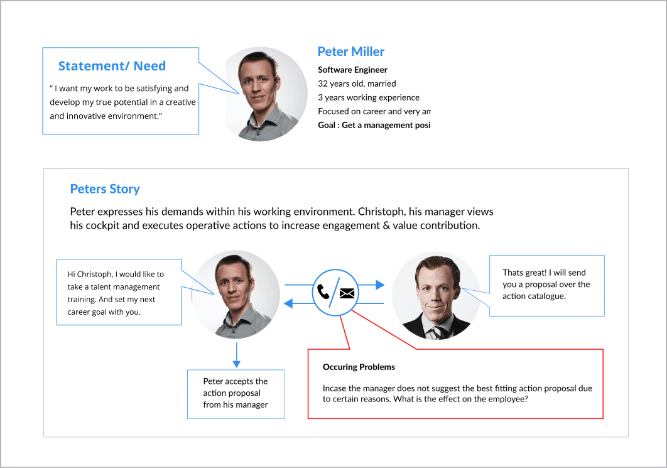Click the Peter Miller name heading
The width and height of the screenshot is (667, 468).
pos(350,52)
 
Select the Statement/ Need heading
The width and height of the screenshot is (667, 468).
pos(112,66)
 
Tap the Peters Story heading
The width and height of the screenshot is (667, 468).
pos(105,189)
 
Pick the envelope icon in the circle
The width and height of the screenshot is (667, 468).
pos(347,293)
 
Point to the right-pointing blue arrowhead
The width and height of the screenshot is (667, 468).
pos(379,285)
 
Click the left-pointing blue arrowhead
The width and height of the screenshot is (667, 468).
pos(289,303)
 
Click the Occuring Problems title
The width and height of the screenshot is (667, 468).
pos(359,367)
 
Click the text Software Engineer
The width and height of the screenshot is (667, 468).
pos(352,70)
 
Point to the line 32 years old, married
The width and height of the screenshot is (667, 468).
pos(357,84)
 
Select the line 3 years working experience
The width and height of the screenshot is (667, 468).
pos(369,97)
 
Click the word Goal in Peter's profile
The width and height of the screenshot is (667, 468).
pos(327,125)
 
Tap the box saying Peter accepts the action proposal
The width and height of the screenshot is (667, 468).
pos(236,393)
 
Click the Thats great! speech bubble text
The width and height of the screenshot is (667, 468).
pos(546,284)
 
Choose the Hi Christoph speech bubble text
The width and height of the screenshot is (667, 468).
pos(116,293)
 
